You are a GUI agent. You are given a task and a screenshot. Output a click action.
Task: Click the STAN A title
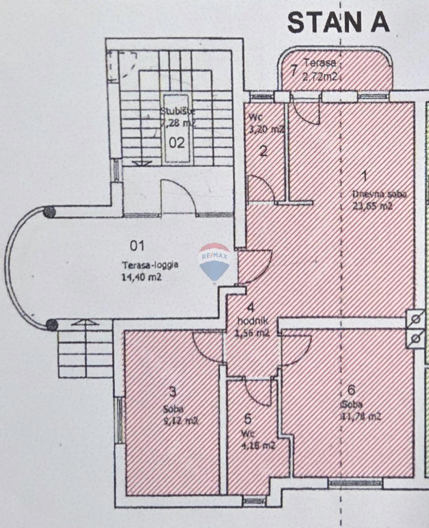(338, 22)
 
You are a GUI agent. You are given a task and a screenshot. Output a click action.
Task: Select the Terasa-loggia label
(150, 265)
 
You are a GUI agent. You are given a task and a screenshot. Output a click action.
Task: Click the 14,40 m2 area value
(141, 277)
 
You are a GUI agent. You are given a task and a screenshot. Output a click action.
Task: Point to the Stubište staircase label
(178, 111)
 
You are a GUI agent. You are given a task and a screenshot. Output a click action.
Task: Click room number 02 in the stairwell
(177, 143)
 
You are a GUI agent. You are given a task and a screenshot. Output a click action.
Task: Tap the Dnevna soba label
(379, 195)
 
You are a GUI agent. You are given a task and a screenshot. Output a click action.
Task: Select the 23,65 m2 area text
(372, 206)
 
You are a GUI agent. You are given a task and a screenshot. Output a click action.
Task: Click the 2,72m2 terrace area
(320, 76)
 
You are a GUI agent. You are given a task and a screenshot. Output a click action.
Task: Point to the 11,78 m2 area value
(361, 417)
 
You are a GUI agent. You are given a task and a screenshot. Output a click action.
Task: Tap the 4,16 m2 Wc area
(258, 445)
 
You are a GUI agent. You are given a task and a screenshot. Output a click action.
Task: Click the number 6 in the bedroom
(351, 390)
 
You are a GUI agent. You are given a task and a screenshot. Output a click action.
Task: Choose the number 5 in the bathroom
(248, 418)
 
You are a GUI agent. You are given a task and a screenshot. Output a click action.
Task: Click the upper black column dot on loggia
(49, 212)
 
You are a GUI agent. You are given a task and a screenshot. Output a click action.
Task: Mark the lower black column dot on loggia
(51, 325)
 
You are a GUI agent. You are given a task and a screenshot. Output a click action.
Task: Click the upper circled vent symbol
(416, 319)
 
